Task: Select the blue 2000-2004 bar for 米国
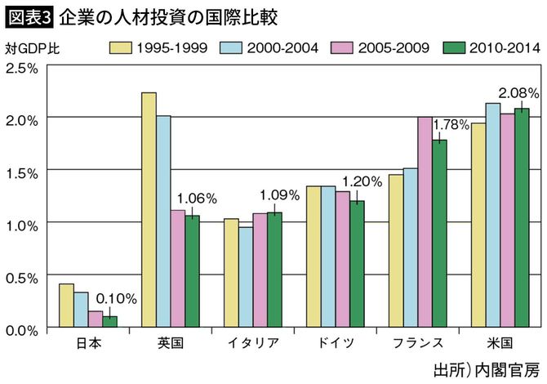click(493, 216)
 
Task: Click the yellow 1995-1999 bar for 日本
click(67, 306)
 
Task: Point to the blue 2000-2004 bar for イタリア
click(246, 277)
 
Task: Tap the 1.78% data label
click(450, 124)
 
